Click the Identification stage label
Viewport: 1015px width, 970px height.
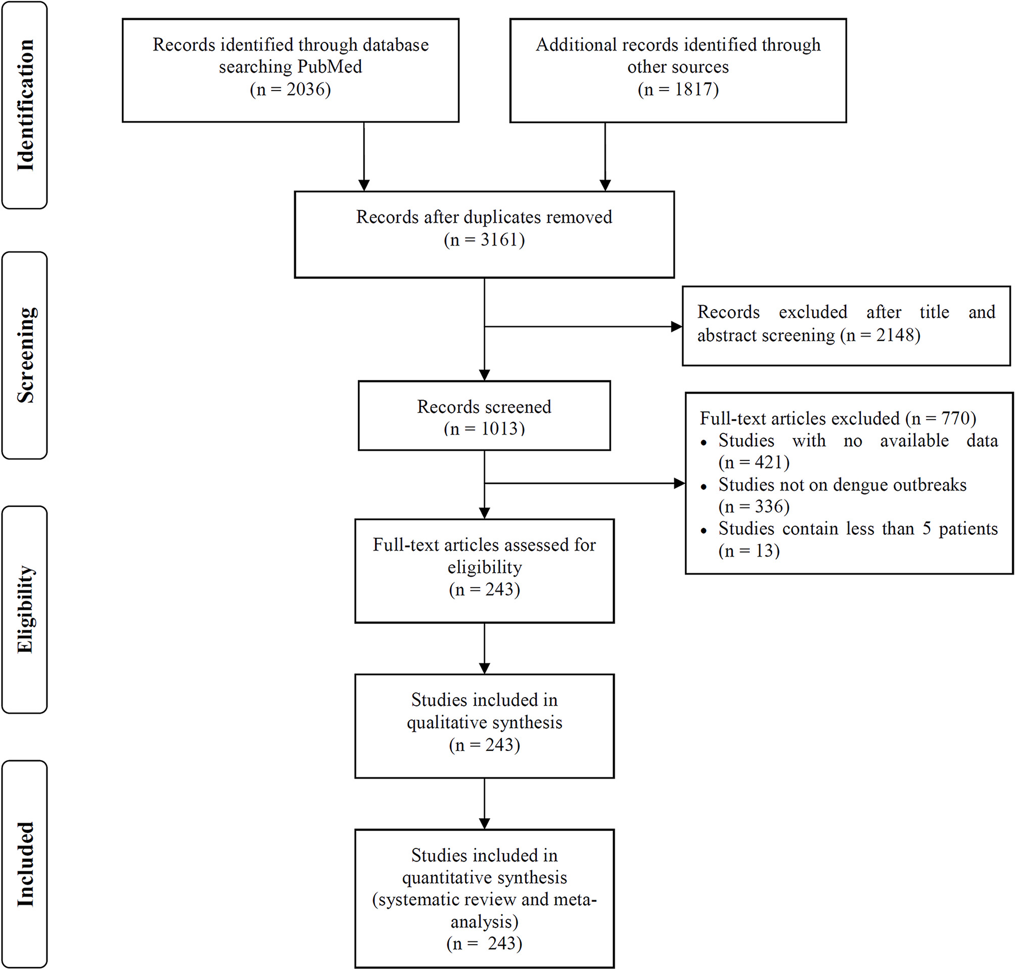tap(25, 105)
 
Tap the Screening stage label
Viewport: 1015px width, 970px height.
tap(25, 355)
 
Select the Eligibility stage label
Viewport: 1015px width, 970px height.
tap(25, 609)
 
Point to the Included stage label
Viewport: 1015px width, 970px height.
tap(25, 864)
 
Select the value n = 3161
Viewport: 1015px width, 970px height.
tap(484, 240)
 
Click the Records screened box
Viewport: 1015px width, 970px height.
tap(484, 416)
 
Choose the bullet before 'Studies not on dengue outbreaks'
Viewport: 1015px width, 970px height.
tap(704, 487)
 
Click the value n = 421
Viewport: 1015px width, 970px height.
tap(754, 462)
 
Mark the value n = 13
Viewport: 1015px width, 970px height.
tap(749, 551)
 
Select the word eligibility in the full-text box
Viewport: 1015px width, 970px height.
tap(485, 568)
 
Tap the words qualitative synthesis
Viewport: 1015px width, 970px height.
tap(485, 722)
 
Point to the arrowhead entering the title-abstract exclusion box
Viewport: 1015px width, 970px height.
tap(676, 327)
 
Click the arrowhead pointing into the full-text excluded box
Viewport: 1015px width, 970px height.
tap(679, 483)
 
